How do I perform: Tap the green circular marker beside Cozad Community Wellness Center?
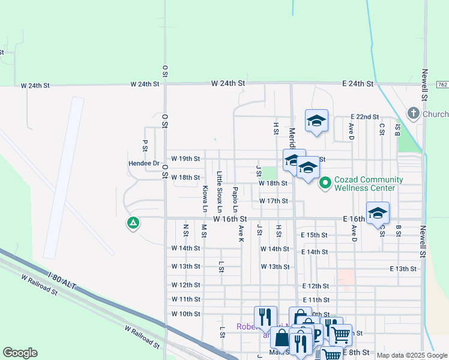tap(325, 182)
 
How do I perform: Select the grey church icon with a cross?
tap(413, 113)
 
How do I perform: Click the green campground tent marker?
tap(133, 224)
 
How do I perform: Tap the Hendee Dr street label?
tap(127, 163)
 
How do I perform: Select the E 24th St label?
tap(358, 84)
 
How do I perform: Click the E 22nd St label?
tap(364, 117)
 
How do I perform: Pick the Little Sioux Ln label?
tap(220, 192)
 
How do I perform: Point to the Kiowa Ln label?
tap(205, 199)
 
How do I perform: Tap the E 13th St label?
tap(403, 269)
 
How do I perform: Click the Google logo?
tap(20, 353)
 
